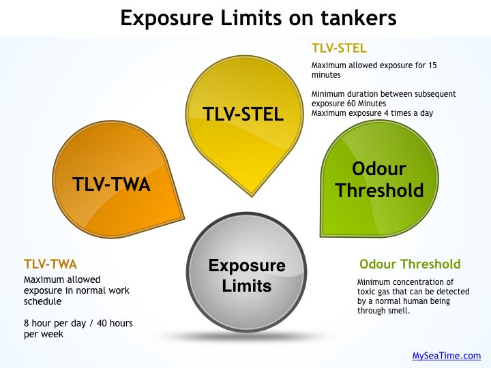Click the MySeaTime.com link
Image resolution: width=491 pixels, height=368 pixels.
[x=447, y=356]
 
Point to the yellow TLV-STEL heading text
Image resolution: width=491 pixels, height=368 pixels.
[x=339, y=48]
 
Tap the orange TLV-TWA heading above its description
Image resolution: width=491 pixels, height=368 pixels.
[x=50, y=264]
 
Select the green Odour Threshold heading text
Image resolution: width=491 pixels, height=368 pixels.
[x=410, y=264]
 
